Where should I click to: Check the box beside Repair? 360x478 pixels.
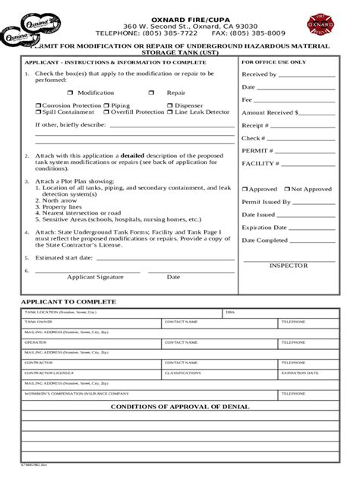click(x=151, y=93)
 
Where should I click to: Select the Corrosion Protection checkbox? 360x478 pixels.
click(x=39, y=105)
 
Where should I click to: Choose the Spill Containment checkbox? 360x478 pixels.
click(x=39, y=112)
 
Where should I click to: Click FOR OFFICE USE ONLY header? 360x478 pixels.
click(x=274, y=61)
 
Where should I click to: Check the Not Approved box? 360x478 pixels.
click(x=289, y=189)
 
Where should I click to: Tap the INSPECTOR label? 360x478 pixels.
click(x=289, y=266)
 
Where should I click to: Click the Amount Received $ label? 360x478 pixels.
click(x=270, y=112)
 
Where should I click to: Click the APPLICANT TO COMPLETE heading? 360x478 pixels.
click(x=68, y=301)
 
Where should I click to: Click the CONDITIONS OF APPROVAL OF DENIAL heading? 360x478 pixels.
click(x=180, y=407)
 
